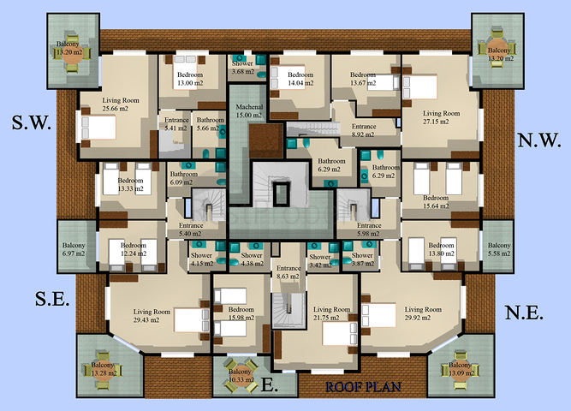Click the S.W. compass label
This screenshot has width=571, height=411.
coord(32,123)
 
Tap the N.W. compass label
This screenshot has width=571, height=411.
coord(538,140)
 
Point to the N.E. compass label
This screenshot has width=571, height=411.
coord(523,313)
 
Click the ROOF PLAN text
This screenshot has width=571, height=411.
coord(364,386)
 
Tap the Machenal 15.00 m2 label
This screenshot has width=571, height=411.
coord(250,110)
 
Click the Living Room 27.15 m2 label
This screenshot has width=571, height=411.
coord(442,117)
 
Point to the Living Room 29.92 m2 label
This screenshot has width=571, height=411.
coord(423,313)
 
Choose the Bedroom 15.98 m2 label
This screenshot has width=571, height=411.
coord(241,314)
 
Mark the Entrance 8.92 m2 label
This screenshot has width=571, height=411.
coord(370,130)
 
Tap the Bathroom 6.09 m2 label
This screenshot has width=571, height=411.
coord(183,177)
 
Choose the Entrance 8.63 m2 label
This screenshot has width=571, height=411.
coord(288,272)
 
